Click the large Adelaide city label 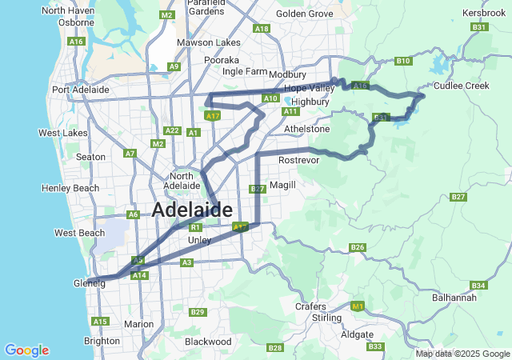point(192,210)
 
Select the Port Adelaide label point(80,90)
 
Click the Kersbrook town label point(483,14)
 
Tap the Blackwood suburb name point(208,341)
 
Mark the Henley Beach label point(70,188)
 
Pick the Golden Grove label point(304,14)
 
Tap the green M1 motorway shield point(358,306)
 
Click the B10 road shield point(403,61)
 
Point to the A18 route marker point(261,29)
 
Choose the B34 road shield point(478,286)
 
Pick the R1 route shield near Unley point(194,227)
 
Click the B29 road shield point(197,311)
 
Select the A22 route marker point(171,130)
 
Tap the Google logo point(26,350)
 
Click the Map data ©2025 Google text point(462,354)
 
